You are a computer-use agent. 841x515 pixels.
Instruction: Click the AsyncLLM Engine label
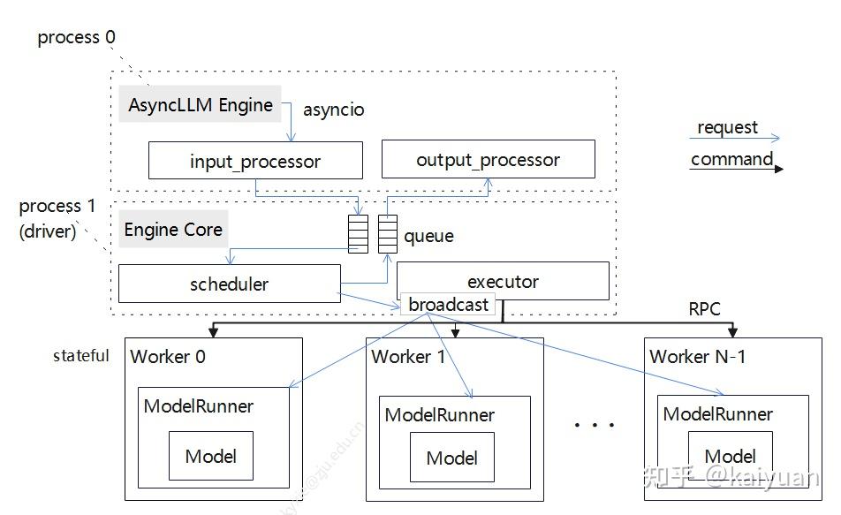click(201, 105)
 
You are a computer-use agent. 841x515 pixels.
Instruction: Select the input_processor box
click(255, 162)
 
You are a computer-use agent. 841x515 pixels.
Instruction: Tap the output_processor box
click(488, 160)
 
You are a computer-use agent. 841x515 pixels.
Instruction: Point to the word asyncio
click(333, 110)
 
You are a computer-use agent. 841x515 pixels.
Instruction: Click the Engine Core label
click(173, 230)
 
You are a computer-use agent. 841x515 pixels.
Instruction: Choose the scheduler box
click(229, 284)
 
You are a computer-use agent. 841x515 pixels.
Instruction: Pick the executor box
click(503, 282)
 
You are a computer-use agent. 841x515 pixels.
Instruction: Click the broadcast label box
click(448, 305)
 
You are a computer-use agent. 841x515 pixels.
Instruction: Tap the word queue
click(428, 236)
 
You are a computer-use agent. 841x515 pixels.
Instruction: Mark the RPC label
click(704, 309)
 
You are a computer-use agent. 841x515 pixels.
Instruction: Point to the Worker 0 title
click(168, 357)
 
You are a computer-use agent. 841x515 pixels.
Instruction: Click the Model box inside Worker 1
click(451, 458)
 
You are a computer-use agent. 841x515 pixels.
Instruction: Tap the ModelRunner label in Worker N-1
click(717, 414)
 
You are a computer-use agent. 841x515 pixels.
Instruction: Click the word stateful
click(81, 356)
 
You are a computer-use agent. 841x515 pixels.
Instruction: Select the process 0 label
click(76, 38)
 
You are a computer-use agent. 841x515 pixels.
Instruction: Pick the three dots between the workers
click(594, 426)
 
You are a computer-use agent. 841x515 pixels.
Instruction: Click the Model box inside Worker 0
click(210, 456)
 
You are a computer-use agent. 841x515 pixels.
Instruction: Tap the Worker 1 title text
click(408, 357)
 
